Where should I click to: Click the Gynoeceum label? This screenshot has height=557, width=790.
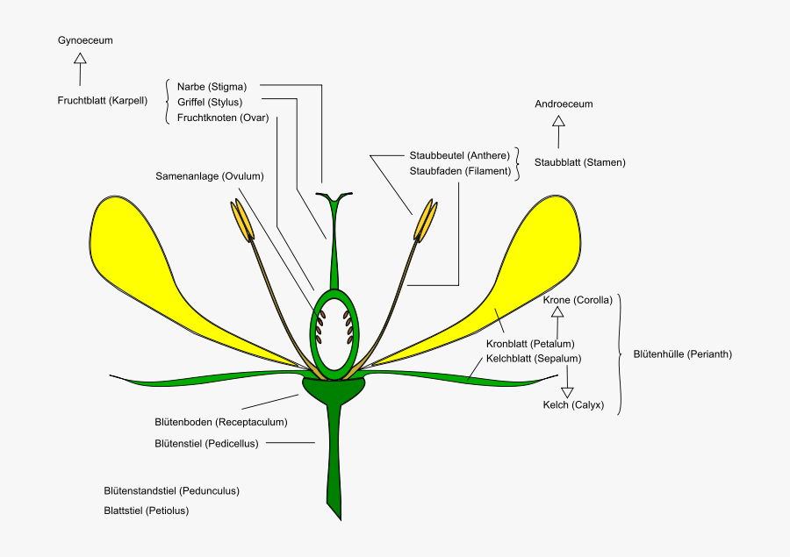click(x=85, y=40)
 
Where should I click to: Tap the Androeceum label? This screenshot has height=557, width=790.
click(x=564, y=104)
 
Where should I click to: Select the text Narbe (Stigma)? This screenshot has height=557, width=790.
click(x=212, y=87)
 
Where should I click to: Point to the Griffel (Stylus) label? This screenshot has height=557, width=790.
click(x=209, y=102)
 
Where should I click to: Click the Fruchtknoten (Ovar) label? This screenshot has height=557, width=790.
click(x=223, y=118)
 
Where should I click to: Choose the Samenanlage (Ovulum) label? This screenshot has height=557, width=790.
click(x=210, y=175)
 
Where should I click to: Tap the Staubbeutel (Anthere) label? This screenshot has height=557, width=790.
click(x=459, y=155)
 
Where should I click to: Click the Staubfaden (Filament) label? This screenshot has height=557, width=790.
click(x=460, y=171)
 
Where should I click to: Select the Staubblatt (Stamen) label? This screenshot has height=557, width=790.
click(x=580, y=162)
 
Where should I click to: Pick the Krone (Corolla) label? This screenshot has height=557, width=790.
click(x=578, y=300)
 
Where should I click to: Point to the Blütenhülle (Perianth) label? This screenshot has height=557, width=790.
click(x=682, y=354)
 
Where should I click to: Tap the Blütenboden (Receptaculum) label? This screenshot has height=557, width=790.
click(x=220, y=422)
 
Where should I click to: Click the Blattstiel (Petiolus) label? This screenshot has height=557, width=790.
click(x=146, y=510)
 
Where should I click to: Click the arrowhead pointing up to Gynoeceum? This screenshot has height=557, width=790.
click(x=81, y=59)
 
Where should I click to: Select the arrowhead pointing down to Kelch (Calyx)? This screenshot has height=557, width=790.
click(x=567, y=392)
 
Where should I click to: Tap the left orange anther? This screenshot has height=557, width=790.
click(x=242, y=221)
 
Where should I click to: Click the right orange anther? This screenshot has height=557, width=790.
click(x=427, y=221)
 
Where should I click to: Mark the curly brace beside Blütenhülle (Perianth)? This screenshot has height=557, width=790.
click(x=622, y=353)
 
